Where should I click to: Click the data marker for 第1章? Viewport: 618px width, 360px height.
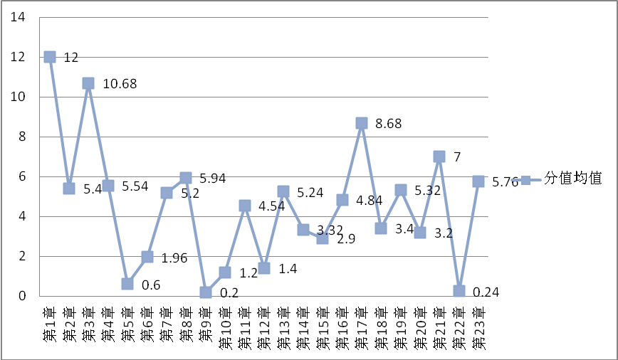[x=50, y=57]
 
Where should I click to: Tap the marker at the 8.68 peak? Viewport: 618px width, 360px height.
[x=362, y=123]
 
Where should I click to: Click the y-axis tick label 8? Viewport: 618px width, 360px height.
[x=22, y=137]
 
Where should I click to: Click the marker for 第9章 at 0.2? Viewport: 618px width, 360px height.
[x=206, y=292]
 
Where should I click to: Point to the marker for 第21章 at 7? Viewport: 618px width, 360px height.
[x=439, y=157]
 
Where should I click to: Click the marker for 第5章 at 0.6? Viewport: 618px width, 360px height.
[x=127, y=283]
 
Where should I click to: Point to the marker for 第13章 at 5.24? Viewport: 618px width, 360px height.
[x=283, y=191]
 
